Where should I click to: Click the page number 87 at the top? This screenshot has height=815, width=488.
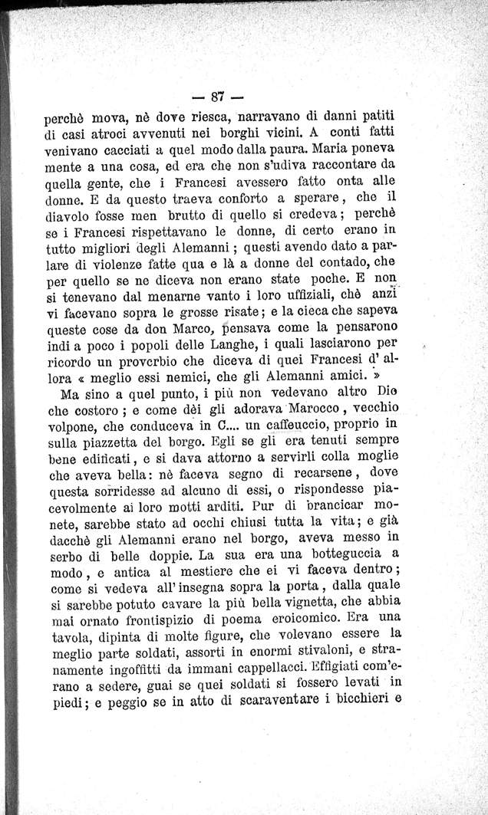tap(219, 97)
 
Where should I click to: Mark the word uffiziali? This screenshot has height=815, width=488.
tap(293, 291)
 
